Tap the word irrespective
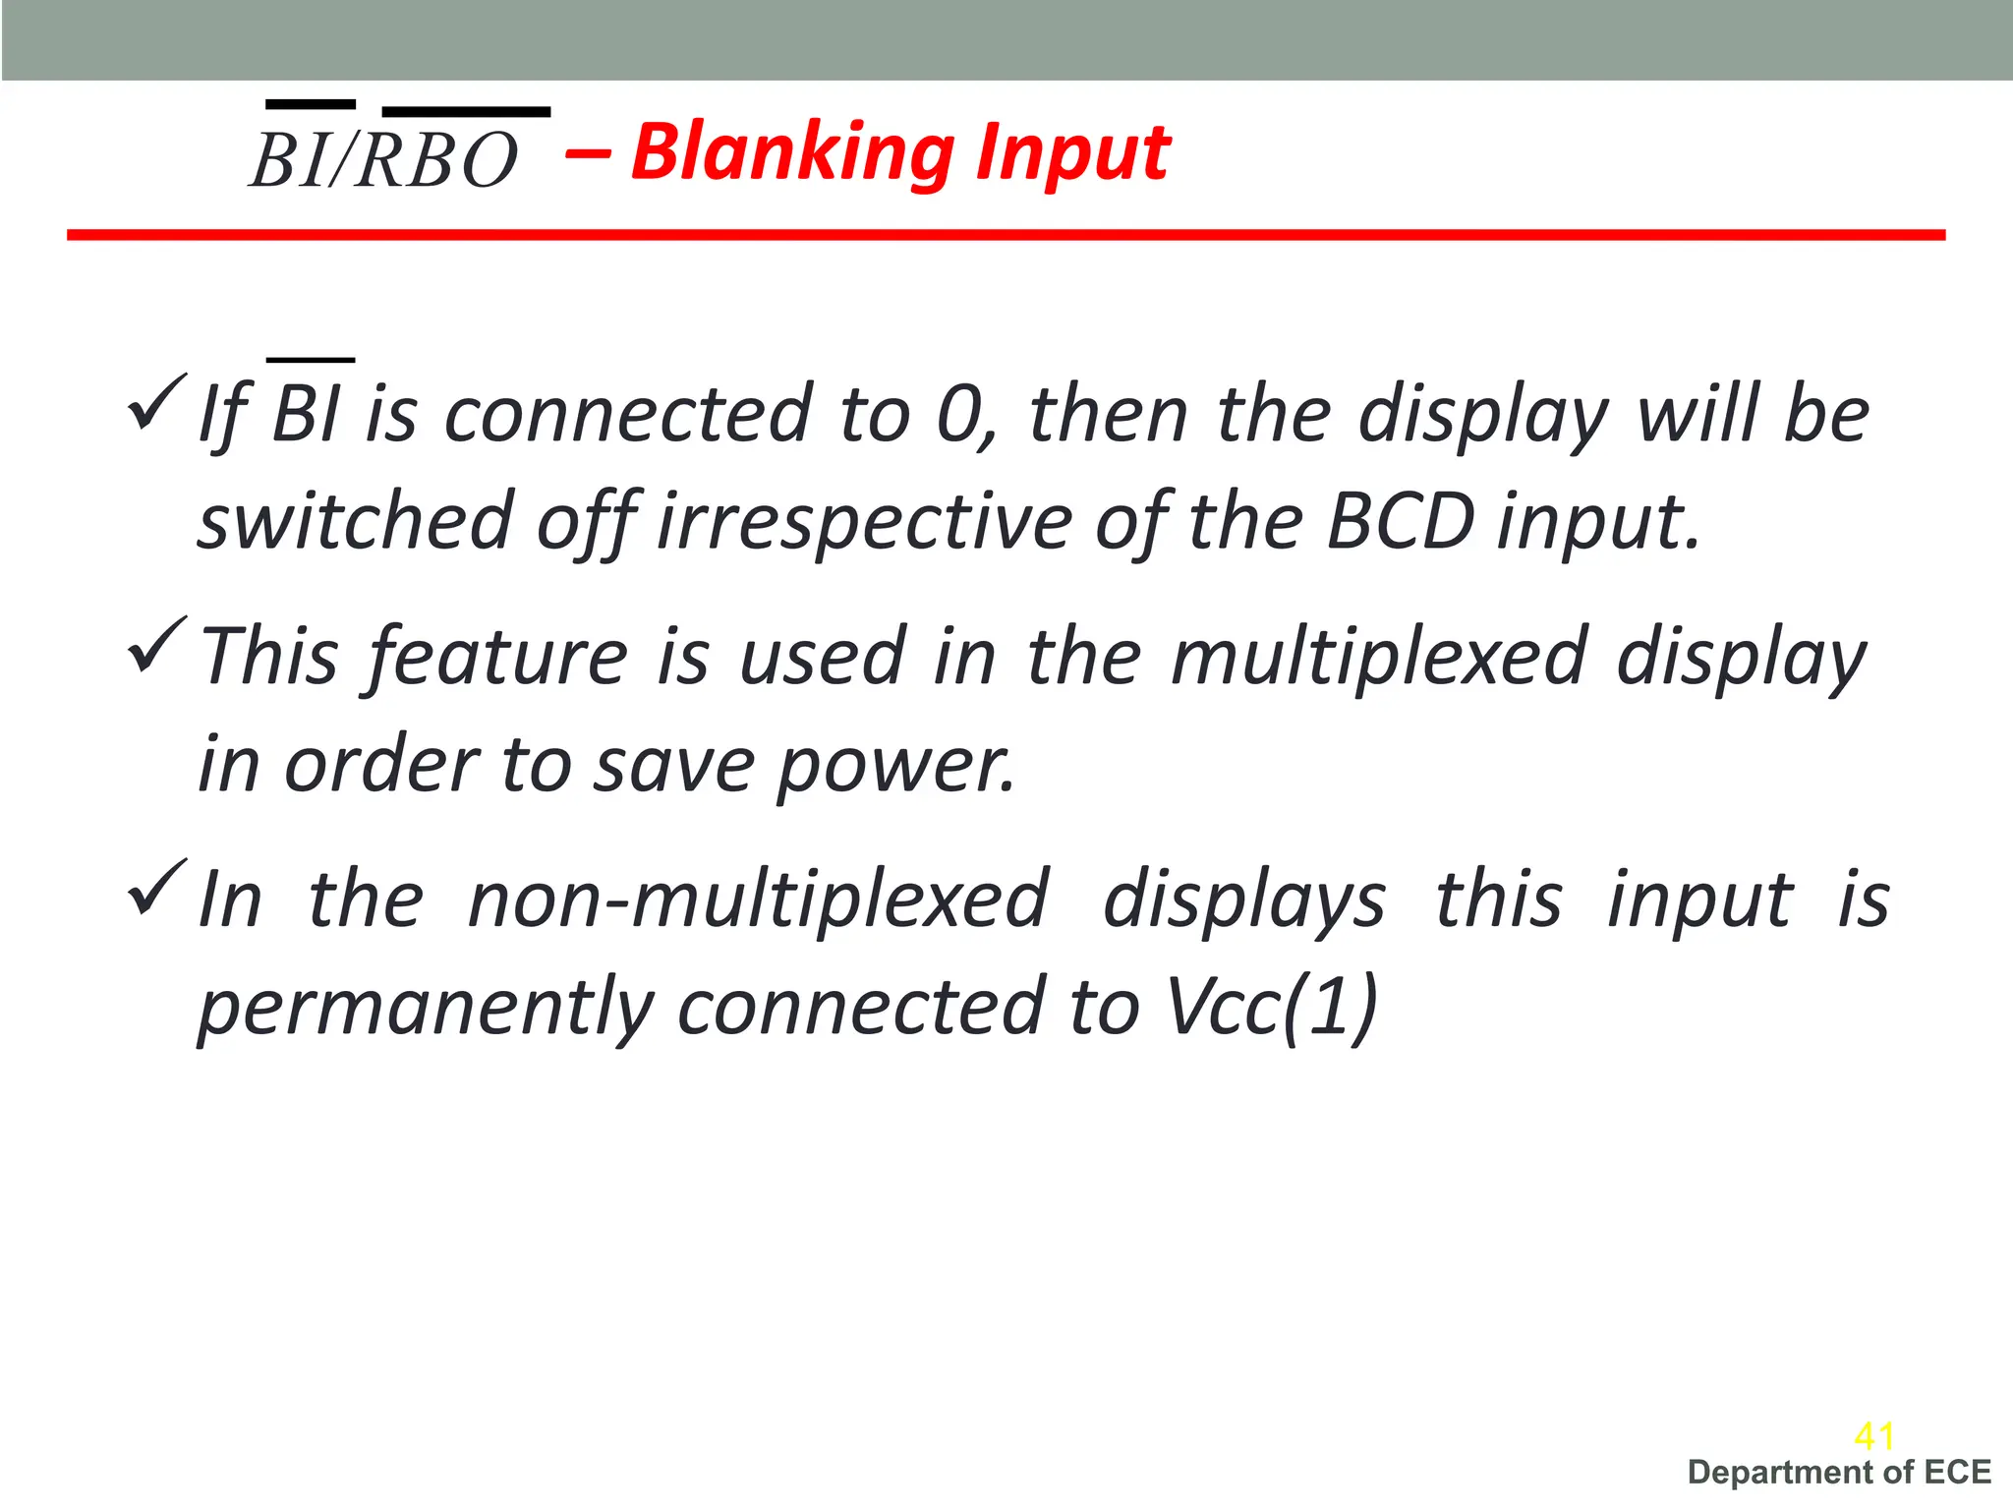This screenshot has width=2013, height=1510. coord(865,521)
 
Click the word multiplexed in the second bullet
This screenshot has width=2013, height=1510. coord(1380,657)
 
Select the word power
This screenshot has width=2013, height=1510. coord(894,765)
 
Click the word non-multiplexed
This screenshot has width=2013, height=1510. coord(759,900)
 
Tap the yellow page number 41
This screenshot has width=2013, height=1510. coord(1873,1436)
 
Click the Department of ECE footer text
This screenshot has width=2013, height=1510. coord(1839,1473)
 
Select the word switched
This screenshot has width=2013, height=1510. coord(355,521)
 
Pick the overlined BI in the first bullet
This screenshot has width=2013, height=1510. coord(308,413)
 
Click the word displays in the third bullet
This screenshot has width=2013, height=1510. coord(1243,900)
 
